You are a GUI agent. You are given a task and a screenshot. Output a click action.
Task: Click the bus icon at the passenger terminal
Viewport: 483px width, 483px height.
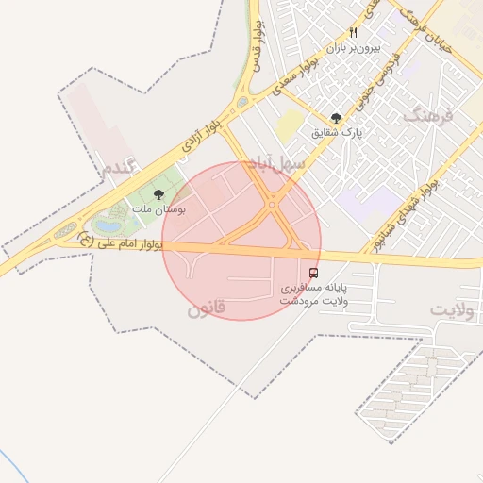[314, 273]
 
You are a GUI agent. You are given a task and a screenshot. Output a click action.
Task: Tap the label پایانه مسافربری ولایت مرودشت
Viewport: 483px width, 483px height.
[314, 292]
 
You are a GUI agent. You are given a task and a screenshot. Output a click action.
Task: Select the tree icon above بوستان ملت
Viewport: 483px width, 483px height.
[158, 194]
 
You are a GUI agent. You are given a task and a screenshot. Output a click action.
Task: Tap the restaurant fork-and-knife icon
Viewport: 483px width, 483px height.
[353, 31]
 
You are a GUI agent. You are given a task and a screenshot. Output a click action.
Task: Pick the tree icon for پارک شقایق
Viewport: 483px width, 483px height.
[336, 118]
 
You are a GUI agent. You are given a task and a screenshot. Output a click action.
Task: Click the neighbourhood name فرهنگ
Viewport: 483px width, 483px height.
[427, 116]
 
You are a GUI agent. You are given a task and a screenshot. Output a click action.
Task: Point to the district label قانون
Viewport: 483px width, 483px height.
[206, 308]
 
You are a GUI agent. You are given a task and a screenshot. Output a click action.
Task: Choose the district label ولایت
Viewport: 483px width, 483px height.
[451, 308]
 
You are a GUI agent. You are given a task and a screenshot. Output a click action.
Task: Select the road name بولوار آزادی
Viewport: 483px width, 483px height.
[200, 138]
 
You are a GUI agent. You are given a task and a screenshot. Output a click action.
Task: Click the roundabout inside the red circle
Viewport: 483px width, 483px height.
[272, 205]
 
